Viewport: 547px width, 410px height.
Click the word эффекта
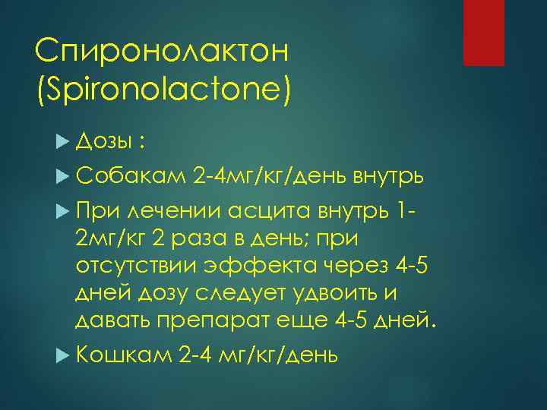[x=244, y=265]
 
